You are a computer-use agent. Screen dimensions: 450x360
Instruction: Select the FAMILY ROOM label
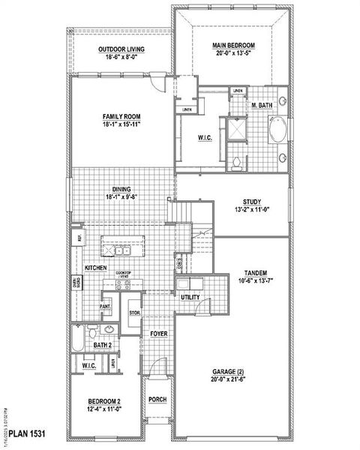[x=121, y=116]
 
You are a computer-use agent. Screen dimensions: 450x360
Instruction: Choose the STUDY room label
[x=250, y=202]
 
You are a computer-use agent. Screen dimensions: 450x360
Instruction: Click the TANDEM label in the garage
[x=256, y=273]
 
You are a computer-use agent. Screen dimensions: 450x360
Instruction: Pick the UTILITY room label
[x=190, y=298]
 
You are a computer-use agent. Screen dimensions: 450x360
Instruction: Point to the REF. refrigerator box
[x=76, y=238]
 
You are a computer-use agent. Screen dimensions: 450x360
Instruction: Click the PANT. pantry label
[x=106, y=306]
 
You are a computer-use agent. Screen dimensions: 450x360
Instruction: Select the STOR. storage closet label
[x=134, y=313]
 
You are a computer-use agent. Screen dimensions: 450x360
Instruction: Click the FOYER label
[x=158, y=333]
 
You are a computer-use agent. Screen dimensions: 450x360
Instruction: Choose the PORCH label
[x=157, y=399]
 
